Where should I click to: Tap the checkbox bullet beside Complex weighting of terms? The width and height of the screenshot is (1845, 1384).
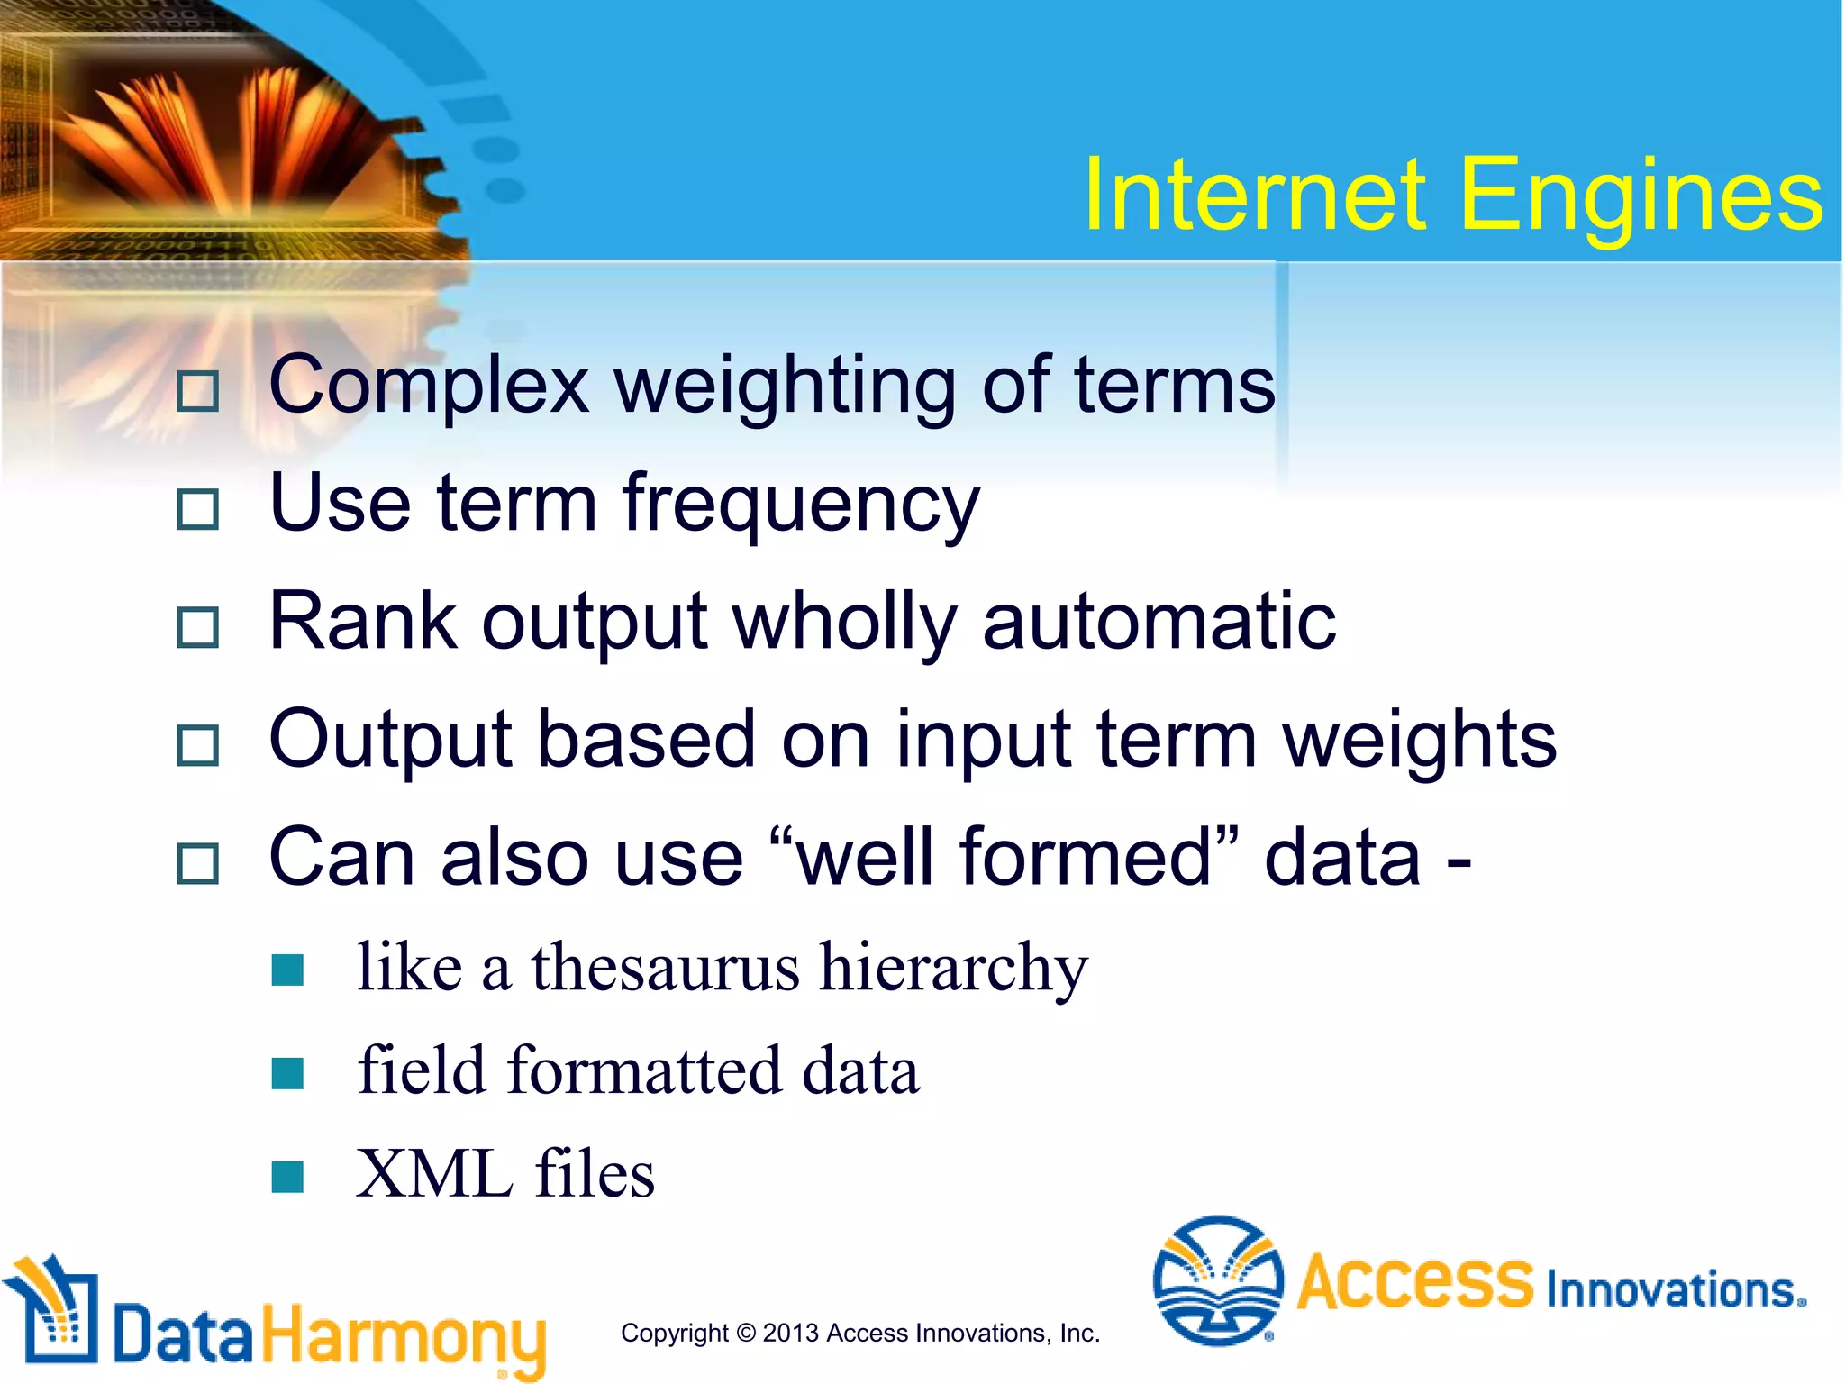[197, 391]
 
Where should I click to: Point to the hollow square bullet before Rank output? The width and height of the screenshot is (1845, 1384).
[197, 627]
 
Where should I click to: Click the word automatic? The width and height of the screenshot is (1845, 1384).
[1159, 622]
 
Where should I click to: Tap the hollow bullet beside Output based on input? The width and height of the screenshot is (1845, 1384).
[197, 745]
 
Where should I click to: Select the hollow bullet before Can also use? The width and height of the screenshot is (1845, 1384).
[197, 863]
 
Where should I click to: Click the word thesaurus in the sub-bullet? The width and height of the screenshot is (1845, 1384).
[665, 968]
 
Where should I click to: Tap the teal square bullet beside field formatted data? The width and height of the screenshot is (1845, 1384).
[287, 1073]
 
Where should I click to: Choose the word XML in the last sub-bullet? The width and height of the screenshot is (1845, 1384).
[433, 1175]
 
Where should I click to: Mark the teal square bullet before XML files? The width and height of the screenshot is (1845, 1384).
[287, 1177]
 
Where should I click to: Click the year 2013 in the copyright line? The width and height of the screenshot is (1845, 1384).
[790, 1333]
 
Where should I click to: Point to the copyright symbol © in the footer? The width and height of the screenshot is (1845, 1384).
[746, 1333]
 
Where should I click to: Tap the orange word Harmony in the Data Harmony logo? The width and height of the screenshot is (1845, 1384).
[404, 1336]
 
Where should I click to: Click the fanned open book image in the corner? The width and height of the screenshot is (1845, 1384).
[225, 135]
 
